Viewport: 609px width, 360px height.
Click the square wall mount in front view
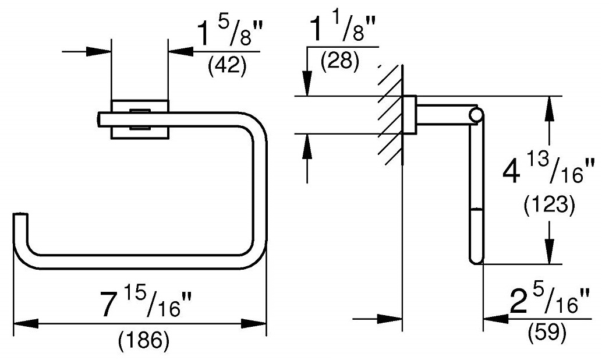pyautogui.click(x=140, y=119)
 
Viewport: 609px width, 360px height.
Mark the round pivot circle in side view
pyautogui.click(x=476, y=115)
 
